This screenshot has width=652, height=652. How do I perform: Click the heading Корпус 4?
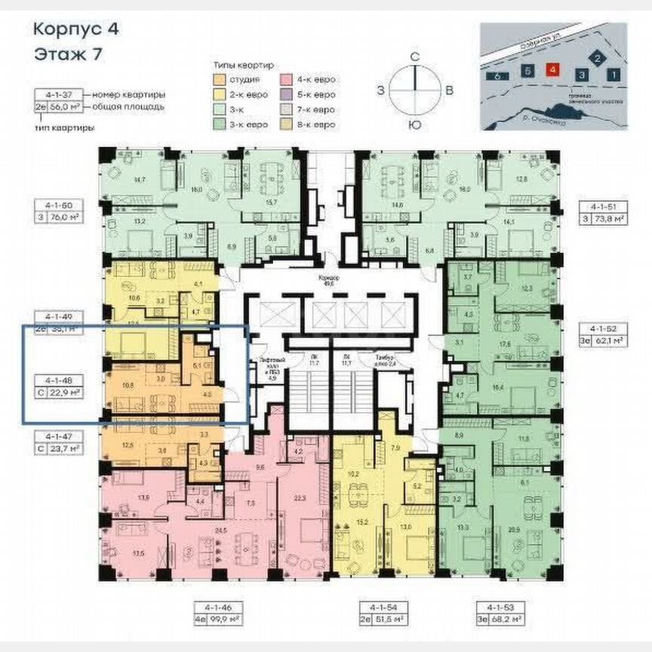(75, 30)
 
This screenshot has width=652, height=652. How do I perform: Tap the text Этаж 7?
(68, 54)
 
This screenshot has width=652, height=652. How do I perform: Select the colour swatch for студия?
(218, 79)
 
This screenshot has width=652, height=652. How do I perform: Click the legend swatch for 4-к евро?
(287, 79)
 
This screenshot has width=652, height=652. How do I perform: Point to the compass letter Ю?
(414, 125)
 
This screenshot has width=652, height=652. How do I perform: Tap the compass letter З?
(382, 90)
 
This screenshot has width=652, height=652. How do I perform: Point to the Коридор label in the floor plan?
(327, 277)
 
